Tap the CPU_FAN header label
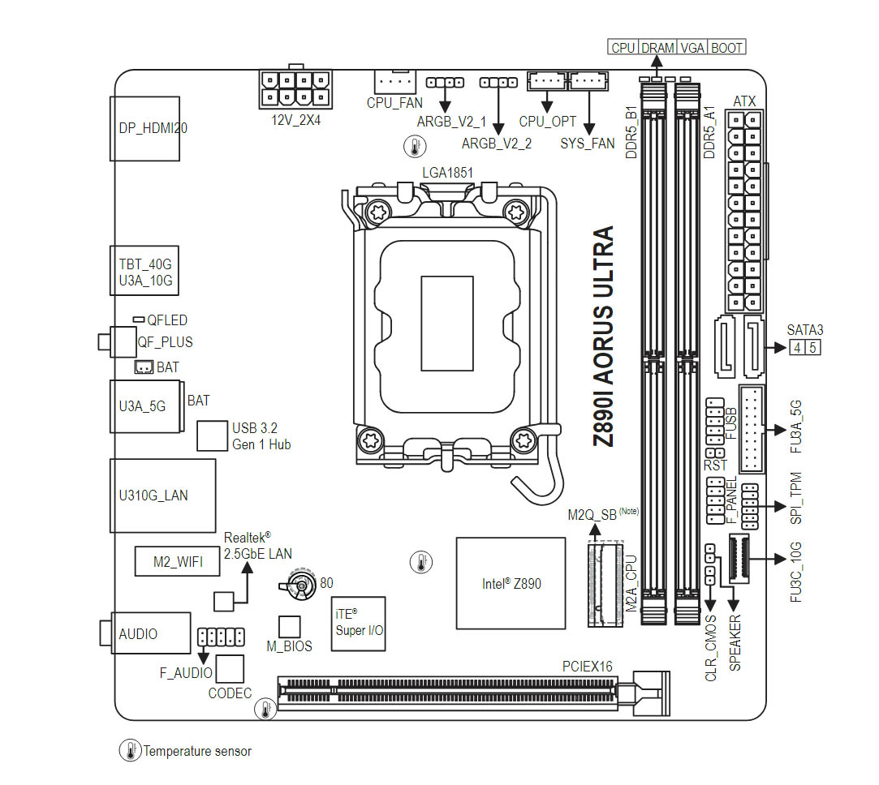tap(394, 103)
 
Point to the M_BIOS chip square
tap(290, 627)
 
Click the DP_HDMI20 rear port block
tap(143, 127)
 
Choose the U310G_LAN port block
tap(162, 495)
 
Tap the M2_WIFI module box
tap(177, 561)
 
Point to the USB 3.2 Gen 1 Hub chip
tap(213, 435)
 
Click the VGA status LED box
tap(692, 48)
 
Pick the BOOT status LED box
tap(726, 48)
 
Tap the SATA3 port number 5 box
tap(812, 348)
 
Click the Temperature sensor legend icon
tap(130, 751)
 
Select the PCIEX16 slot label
tap(588, 667)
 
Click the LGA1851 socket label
tap(447, 172)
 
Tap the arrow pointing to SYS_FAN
tap(588, 114)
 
